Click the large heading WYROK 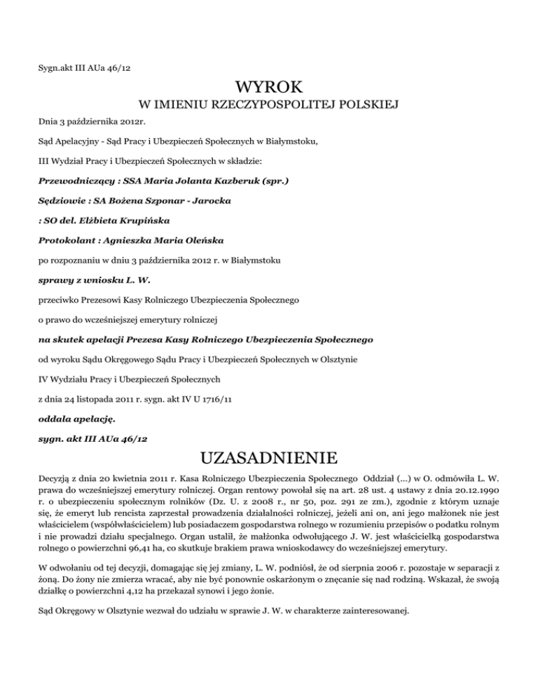click(x=269, y=89)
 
